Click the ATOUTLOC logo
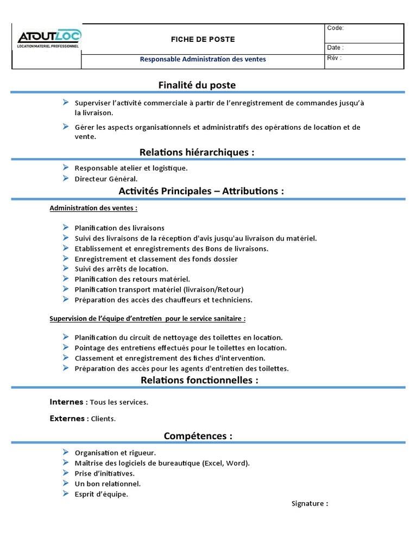[48, 39]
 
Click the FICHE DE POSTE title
[203, 39]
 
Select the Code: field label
[335, 28]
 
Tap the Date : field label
[335, 48]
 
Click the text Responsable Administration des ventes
[203, 59]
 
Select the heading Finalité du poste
[197, 85]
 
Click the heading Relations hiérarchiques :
[197, 153]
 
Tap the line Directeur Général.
[106, 178]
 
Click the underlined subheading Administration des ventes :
[93, 208]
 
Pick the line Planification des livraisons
[119, 228]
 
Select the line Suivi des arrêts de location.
[122, 269]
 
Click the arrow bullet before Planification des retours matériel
[65, 279]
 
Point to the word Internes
[66, 402]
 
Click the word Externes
[67, 419]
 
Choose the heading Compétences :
[198, 436]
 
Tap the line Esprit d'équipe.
[101, 494]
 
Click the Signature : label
[309, 503]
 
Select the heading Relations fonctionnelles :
[199, 380]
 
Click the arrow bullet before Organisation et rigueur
[65, 452]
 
